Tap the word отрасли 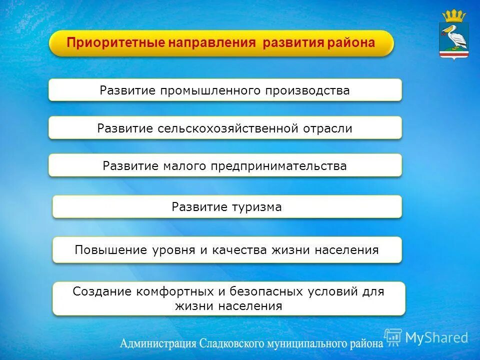tap(327, 128)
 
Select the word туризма tap(256, 207)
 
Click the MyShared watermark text tap(436, 337)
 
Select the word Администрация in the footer tap(157, 344)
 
